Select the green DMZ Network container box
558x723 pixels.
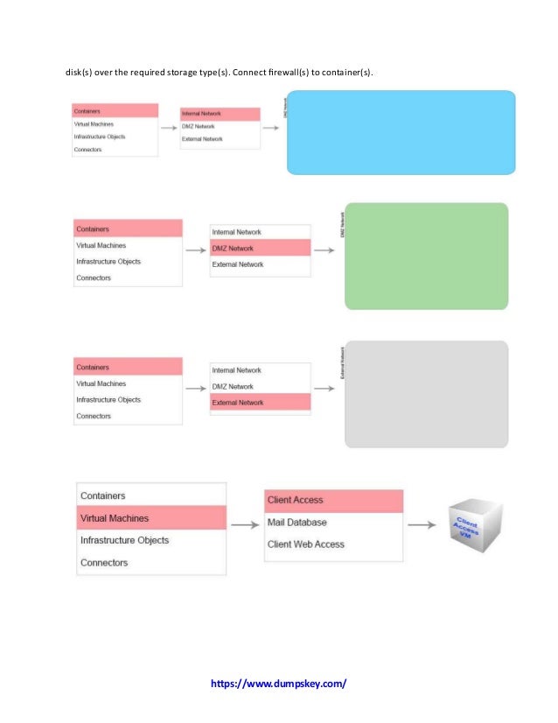426,256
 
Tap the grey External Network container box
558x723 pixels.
426,394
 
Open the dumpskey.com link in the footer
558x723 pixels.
278,683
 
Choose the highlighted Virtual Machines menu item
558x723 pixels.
150,518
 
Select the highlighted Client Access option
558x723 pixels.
332,500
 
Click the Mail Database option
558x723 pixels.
296,523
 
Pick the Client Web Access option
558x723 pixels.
305,544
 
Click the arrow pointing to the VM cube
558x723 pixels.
422,525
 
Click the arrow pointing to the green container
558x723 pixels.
324,250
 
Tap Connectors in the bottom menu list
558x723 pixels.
104,563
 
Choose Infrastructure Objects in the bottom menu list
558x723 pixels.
124,540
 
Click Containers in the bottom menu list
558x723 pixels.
102,495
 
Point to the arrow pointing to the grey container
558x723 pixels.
324,389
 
